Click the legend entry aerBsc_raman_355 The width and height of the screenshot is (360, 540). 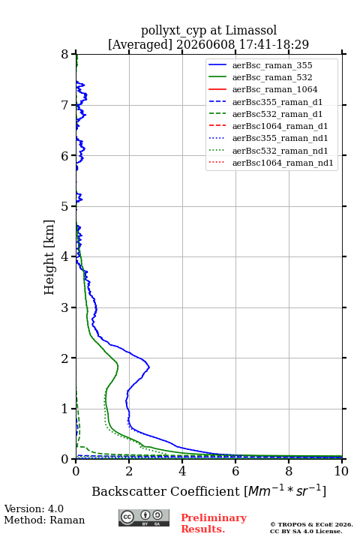[x=272, y=65]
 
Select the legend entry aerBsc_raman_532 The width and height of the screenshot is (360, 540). [x=272, y=77]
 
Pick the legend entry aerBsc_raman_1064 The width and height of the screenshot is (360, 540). [x=275, y=89]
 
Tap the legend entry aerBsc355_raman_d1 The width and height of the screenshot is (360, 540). [x=277, y=102]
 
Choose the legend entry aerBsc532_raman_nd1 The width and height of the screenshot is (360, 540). [x=280, y=151]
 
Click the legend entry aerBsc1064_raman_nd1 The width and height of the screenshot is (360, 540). [x=283, y=163]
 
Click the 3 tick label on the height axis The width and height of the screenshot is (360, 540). [x=64, y=307]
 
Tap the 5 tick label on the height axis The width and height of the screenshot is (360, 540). [x=64, y=206]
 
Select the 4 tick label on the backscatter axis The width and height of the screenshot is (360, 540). [x=182, y=471]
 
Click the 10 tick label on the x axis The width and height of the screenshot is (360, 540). [x=341, y=471]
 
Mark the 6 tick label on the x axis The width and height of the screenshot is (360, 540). [x=235, y=471]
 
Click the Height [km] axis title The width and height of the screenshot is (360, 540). [x=49, y=257]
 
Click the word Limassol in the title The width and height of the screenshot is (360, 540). [x=251, y=30]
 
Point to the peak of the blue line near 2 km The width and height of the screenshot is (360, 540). [x=149, y=367]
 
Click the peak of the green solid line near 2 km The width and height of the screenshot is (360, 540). [x=118, y=367]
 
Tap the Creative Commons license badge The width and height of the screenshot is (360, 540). [x=144, y=517]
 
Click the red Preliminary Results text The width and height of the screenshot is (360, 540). [x=214, y=523]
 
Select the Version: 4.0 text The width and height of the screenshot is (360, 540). [x=34, y=508]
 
